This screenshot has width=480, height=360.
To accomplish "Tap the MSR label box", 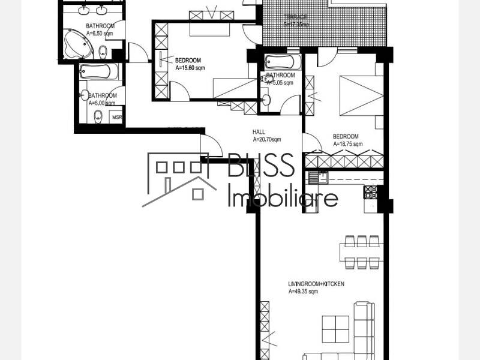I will (116, 117).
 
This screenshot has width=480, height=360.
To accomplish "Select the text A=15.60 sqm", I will (191, 68).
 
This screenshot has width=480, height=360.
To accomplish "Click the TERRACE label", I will (296, 17).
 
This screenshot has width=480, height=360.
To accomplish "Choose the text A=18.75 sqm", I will (347, 144).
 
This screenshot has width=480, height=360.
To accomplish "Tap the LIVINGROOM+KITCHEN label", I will (316, 284).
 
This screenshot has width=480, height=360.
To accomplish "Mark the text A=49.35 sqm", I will (303, 292).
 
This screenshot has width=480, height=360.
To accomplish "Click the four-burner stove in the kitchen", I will (370, 192).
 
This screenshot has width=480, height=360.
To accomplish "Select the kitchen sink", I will (317, 177).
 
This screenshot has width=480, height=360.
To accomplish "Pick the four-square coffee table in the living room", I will (335, 328).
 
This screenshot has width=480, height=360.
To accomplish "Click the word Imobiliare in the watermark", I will (283, 196).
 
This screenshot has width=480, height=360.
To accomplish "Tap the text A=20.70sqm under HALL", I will (266, 140).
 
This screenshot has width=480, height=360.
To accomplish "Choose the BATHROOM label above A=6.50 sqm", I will (100, 26).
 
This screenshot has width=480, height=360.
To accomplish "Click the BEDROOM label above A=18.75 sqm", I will (346, 136).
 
